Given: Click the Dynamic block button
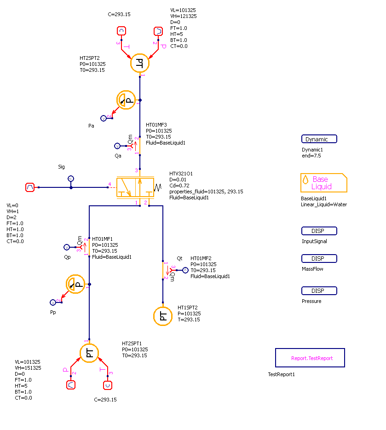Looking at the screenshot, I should [x=319, y=139].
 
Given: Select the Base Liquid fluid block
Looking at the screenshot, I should [x=323, y=183].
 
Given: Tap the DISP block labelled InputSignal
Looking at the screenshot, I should [x=319, y=231].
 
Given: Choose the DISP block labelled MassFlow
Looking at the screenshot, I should [x=319, y=259].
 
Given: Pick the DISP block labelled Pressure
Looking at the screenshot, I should [x=319, y=291].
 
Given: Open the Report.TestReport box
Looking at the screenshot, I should [x=310, y=358].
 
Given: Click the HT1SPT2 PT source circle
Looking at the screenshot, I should [x=162, y=316].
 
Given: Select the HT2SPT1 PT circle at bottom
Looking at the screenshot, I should [x=90, y=353].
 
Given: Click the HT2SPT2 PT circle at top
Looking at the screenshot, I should [x=139, y=63].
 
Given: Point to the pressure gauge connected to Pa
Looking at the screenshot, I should [x=126, y=100].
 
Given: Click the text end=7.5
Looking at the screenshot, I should [x=311, y=156].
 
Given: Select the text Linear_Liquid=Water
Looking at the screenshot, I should [x=323, y=204].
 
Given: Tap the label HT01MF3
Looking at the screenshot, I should [x=156, y=125].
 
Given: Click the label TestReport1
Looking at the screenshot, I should [x=281, y=374].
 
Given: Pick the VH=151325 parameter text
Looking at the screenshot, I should [x=28, y=368].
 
